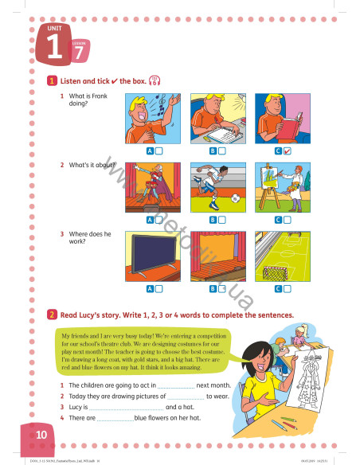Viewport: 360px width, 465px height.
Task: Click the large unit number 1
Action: point(54,47)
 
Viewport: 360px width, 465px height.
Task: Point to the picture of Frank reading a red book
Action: point(283,118)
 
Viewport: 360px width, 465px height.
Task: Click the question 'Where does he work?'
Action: point(88,238)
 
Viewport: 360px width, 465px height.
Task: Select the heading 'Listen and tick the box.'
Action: point(103,80)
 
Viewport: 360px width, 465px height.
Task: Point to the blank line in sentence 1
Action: point(170,385)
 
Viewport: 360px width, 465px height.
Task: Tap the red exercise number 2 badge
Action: point(52,315)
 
